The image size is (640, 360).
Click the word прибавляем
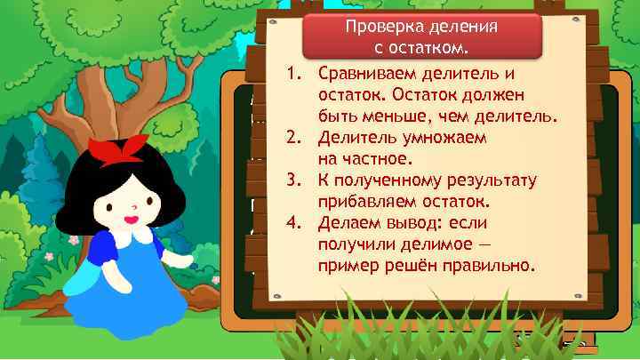coord(366,203)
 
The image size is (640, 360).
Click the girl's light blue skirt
coord(124,311)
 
